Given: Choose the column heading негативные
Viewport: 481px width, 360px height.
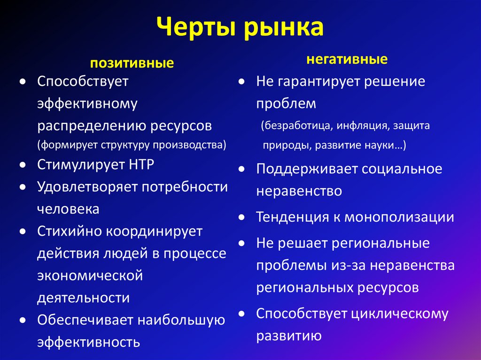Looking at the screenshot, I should (x=347, y=60).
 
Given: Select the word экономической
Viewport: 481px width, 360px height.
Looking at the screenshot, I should (x=90, y=276).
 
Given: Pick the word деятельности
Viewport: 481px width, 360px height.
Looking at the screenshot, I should (x=83, y=298).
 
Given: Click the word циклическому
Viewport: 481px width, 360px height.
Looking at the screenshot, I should (x=399, y=314).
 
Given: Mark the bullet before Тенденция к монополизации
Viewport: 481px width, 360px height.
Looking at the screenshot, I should (x=241, y=218).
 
